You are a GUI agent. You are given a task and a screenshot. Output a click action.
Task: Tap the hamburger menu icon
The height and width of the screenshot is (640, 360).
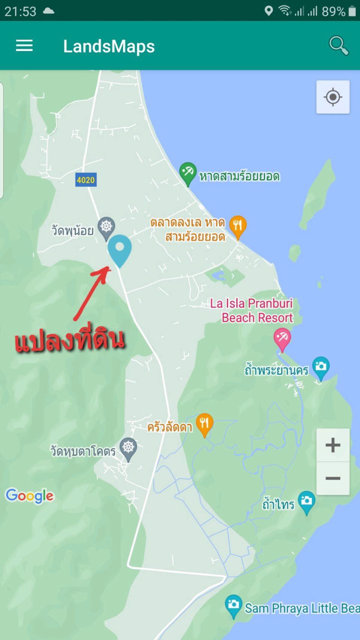24,46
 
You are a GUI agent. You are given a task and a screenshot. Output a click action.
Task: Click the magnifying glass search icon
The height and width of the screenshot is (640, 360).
338,45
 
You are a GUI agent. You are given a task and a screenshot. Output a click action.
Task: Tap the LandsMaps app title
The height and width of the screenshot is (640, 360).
109,46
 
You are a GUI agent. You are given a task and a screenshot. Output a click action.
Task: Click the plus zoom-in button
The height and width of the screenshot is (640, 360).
332,445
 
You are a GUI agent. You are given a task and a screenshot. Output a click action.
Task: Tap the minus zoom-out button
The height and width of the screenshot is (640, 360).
332,478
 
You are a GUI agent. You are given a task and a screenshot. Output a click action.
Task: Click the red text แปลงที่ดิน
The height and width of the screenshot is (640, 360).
69,340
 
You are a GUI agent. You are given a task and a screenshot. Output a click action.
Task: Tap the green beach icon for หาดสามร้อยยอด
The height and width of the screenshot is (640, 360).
188,173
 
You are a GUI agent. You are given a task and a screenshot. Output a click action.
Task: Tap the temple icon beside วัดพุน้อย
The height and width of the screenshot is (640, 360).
106,226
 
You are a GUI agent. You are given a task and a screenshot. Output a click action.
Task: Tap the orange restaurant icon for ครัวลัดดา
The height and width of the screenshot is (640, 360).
204,424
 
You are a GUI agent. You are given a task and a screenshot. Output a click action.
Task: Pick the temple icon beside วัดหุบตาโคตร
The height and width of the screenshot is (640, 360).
128,448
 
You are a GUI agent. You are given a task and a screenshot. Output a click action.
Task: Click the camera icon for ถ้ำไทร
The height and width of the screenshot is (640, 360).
306,501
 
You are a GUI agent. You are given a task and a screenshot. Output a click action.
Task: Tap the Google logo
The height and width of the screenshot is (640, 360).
29,496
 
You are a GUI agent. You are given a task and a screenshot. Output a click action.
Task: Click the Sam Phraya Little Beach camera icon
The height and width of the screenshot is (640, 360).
233,605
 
